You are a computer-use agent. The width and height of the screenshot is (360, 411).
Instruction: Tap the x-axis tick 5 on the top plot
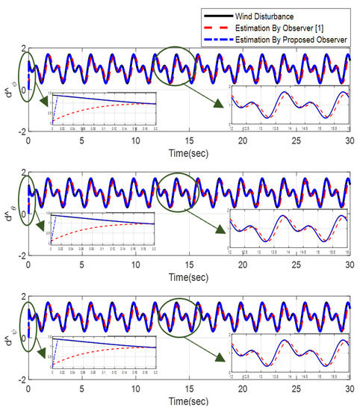point(82,140)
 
